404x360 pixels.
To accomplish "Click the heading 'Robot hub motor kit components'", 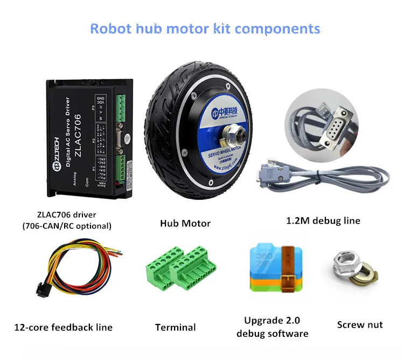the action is [205, 28].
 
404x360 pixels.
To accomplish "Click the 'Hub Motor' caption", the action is [185, 223].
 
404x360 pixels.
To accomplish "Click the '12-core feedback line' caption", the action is [64, 327].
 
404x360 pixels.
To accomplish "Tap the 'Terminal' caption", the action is [175, 327].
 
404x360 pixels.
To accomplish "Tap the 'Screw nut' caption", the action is [360, 324].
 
